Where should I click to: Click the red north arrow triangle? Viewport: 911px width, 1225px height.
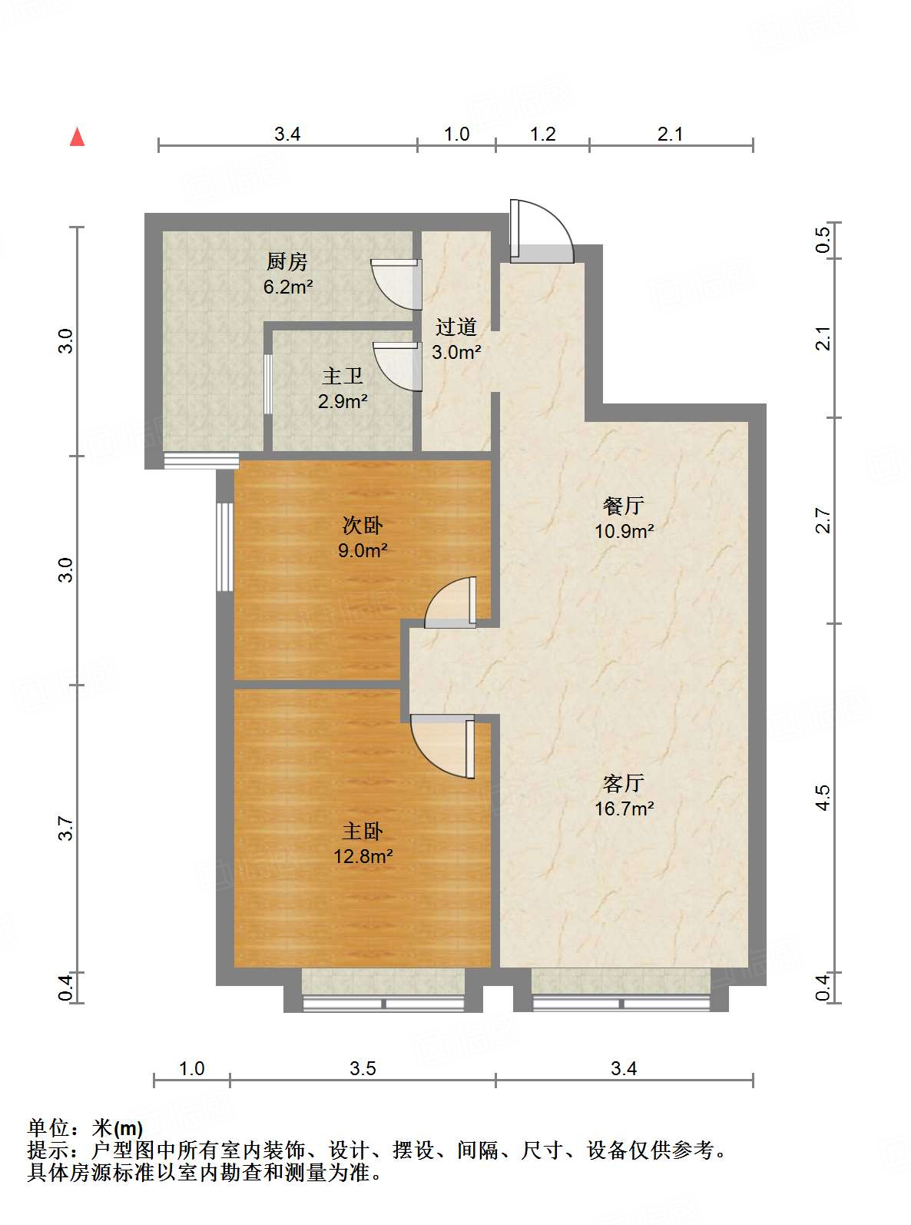78,137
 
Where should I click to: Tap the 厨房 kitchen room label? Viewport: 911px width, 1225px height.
287,262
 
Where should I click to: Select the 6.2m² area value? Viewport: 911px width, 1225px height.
288,287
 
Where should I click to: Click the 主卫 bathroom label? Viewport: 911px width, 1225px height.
343,376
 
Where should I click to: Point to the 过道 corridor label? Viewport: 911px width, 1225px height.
456,327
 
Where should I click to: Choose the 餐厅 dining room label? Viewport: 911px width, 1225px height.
624,506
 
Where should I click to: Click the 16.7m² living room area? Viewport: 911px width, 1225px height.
624,808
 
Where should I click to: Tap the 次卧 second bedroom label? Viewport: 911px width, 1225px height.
363,525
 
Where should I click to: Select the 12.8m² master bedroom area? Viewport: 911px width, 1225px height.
363,856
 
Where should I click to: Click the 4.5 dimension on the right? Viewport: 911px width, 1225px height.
823,798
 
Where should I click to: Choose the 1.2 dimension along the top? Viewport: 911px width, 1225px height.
543,134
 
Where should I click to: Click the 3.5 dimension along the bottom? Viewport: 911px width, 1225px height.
363,1069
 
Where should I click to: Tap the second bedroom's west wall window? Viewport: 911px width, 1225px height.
224,546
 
